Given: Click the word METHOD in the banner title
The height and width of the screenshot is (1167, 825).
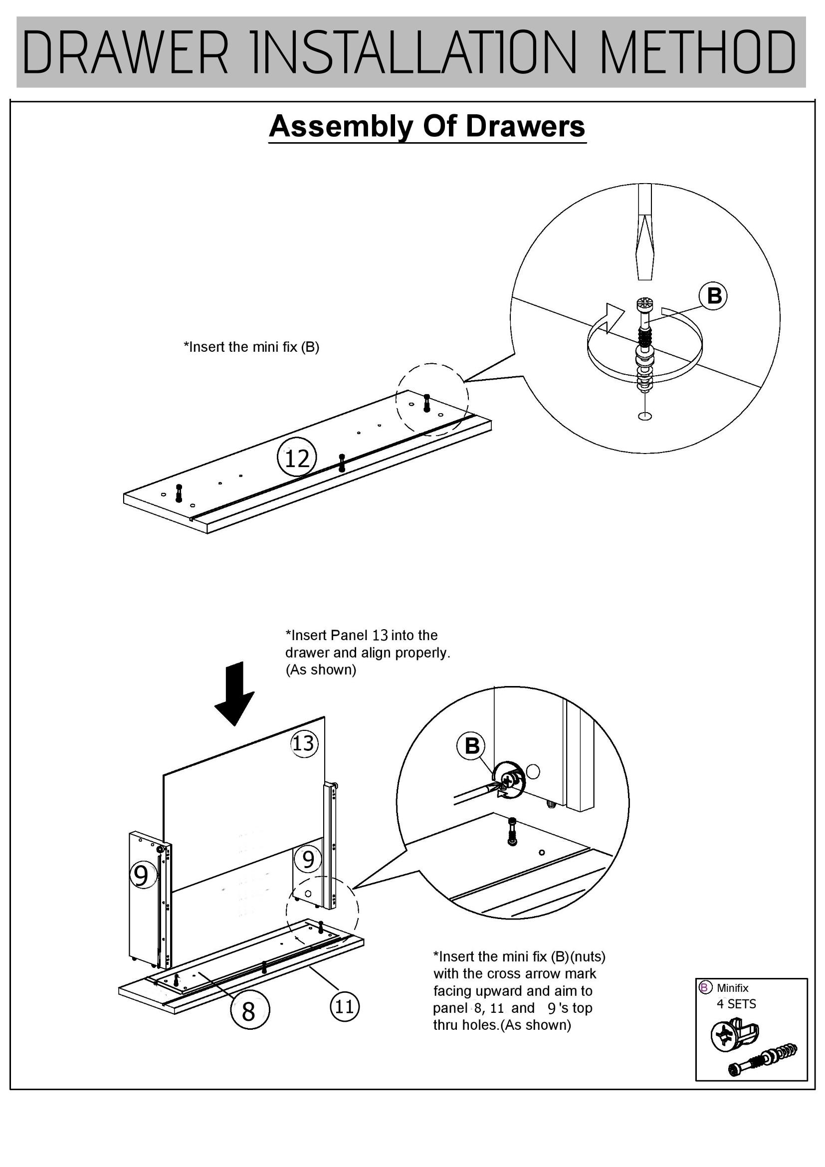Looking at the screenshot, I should (697, 52).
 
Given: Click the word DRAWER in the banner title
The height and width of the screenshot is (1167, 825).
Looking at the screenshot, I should (126, 52).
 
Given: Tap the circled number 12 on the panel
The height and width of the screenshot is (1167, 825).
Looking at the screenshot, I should (297, 458).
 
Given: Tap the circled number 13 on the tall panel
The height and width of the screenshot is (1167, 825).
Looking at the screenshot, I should (304, 743).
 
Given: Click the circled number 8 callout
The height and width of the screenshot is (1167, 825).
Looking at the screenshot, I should (249, 1010).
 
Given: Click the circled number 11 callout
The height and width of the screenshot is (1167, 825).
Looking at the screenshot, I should (345, 1006).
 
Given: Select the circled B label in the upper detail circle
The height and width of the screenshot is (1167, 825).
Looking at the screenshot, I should (714, 296).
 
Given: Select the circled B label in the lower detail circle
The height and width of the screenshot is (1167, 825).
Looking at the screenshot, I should (472, 746).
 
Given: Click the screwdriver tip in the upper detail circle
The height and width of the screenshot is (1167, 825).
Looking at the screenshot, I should (644, 264).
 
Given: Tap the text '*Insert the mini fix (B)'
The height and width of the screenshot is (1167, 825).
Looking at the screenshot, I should (251, 347).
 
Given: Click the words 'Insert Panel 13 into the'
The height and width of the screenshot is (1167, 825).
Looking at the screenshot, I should (361, 635).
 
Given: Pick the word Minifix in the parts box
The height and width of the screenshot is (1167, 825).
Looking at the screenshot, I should (732, 988).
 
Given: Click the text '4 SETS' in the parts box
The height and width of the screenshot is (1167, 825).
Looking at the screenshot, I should (736, 1004).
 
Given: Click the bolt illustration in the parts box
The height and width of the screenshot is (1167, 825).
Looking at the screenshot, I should (762, 1060).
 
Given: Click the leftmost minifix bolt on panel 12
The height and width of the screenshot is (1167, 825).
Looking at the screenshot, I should (178, 493).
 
